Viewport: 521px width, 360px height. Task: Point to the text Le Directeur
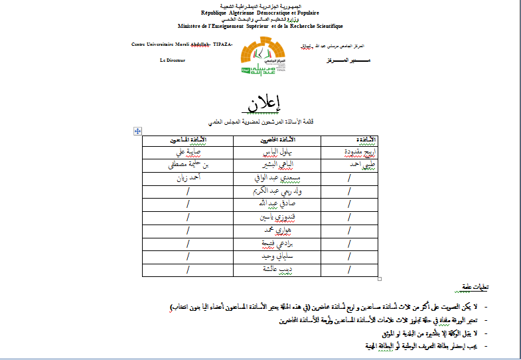tap(173, 60)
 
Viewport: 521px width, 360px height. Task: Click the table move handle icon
tap(137, 132)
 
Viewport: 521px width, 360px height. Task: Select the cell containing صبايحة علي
tap(188, 152)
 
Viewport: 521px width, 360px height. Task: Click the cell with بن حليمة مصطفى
tap(188, 165)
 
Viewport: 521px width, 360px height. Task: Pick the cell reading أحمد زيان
tap(188, 177)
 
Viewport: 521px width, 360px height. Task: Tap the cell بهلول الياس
tap(277, 152)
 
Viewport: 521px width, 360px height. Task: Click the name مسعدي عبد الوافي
tap(277, 178)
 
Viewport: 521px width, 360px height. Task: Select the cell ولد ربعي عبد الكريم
tap(277, 191)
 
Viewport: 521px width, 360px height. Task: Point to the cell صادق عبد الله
tap(277, 204)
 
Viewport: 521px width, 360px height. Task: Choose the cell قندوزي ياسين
tap(277, 217)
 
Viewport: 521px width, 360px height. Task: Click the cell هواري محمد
tap(277, 230)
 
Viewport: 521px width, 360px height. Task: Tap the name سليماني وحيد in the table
tap(277, 256)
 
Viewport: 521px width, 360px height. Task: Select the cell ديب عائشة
tap(277, 270)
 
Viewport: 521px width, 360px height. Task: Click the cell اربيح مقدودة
tap(348, 152)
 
